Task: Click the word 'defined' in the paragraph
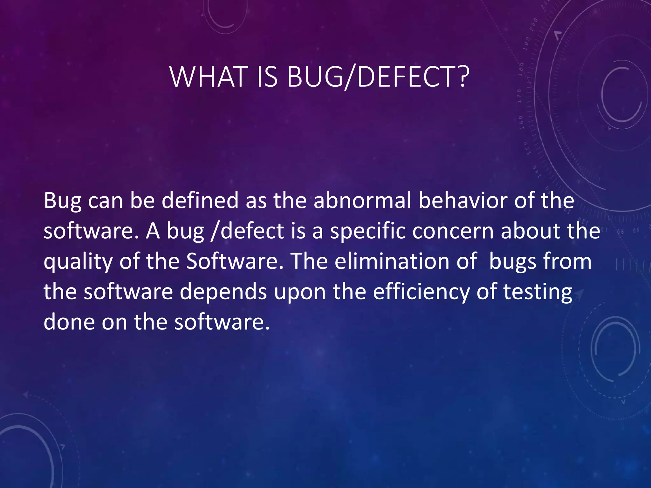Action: click(x=200, y=201)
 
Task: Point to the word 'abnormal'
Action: click(x=362, y=201)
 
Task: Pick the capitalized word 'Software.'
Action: click(x=235, y=261)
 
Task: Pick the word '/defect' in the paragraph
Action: click(x=247, y=231)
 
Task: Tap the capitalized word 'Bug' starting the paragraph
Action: click(x=62, y=201)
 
